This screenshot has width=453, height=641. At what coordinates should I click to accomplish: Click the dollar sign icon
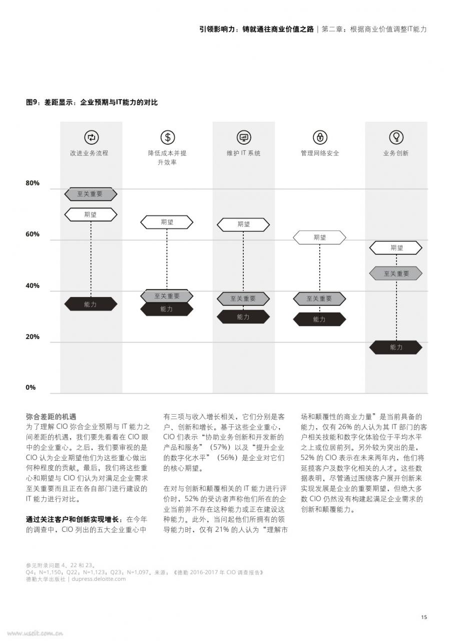[x=168, y=137]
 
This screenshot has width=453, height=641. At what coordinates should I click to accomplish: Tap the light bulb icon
[x=396, y=137]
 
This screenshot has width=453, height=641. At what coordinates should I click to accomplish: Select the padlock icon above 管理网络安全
[x=320, y=137]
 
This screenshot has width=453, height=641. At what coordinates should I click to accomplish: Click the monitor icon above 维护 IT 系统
[x=244, y=137]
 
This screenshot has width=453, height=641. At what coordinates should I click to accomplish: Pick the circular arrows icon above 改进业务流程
[x=91, y=137]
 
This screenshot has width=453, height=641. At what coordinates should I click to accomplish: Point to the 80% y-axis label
[x=33, y=183]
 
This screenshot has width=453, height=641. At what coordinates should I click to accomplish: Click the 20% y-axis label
[x=33, y=337]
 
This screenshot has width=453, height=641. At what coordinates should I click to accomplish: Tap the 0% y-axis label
[x=31, y=388]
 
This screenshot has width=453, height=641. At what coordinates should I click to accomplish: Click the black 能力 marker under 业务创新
[x=396, y=348]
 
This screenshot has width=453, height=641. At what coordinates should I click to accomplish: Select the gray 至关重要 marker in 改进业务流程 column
[x=91, y=194]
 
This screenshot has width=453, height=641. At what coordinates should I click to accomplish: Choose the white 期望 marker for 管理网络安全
[x=319, y=237]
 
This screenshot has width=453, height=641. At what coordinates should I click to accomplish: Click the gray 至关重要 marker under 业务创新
[x=396, y=273]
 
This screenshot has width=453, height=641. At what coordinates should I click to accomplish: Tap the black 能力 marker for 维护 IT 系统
[x=243, y=317]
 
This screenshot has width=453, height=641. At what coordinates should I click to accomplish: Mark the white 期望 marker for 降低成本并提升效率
[x=167, y=222]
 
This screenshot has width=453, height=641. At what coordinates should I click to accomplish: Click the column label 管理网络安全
[x=320, y=153]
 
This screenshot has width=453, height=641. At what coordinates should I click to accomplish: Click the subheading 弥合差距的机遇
[x=51, y=416]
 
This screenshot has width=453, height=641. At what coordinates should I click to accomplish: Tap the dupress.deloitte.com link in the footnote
[x=99, y=579]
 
